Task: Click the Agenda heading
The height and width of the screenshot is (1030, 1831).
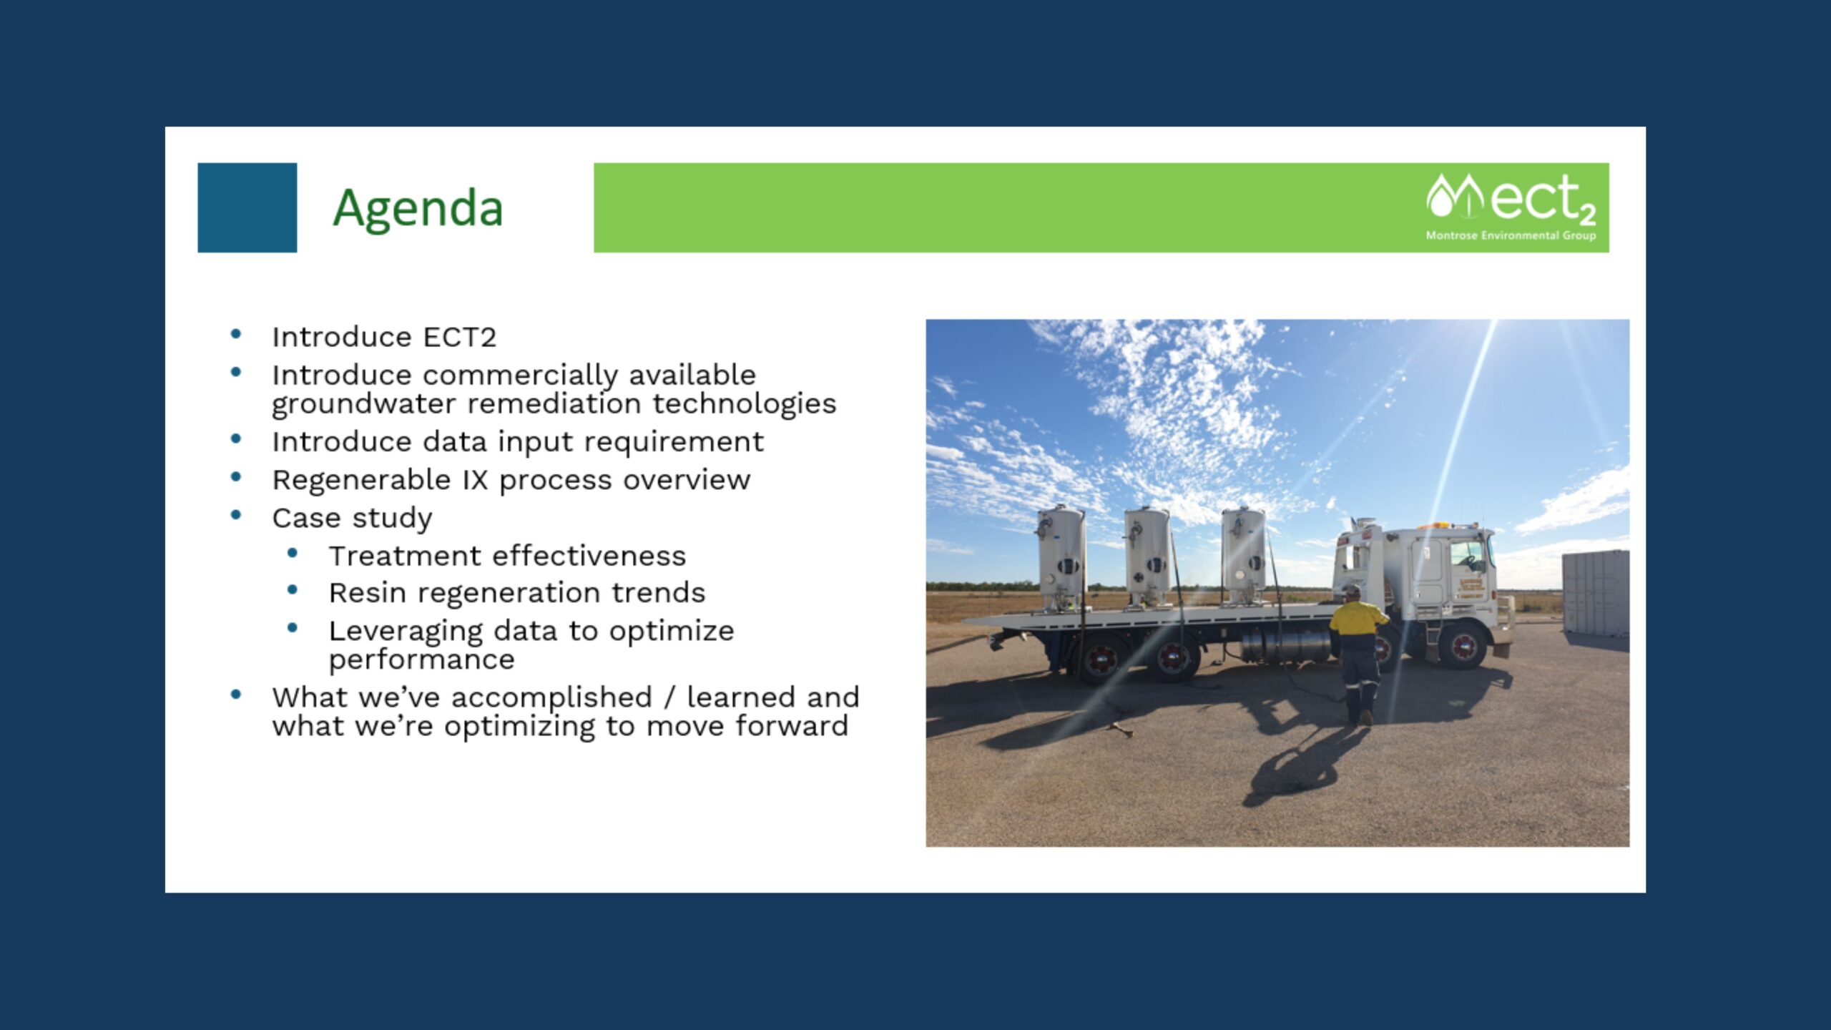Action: point(418,208)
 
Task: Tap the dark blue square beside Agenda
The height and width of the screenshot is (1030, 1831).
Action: point(247,207)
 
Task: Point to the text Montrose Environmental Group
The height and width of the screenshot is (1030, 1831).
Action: point(1511,235)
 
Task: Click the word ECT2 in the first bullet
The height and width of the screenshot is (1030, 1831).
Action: point(459,337)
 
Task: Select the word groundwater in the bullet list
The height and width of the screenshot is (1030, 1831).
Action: point(363,404)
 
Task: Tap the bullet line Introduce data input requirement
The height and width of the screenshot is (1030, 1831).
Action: point(517,442)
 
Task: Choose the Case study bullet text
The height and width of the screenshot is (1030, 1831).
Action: point(352,518)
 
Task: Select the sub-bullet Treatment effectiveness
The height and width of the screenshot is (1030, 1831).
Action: point(507,556)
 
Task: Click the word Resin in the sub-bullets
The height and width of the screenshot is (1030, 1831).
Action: point(367,593)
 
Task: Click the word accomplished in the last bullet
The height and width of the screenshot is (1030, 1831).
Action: point(551,697)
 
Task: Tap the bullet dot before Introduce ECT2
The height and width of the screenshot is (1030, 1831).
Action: point(236,334)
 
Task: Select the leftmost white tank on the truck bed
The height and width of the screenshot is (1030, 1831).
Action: point(1061,558)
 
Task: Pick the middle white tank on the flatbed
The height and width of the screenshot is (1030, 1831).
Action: point(1147,556)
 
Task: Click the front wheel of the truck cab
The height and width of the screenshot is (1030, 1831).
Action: point(1463,646)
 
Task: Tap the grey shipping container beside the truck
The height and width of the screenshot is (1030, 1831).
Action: point(1595,592)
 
